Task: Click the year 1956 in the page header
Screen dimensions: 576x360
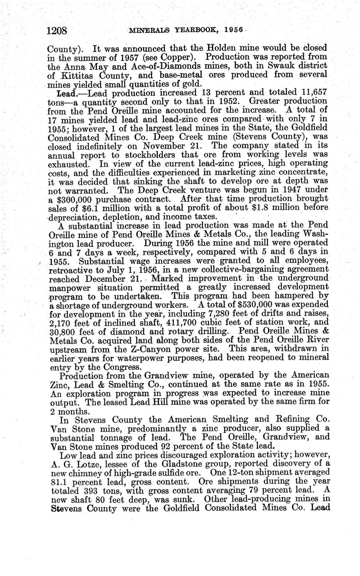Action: tap(228, 30)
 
